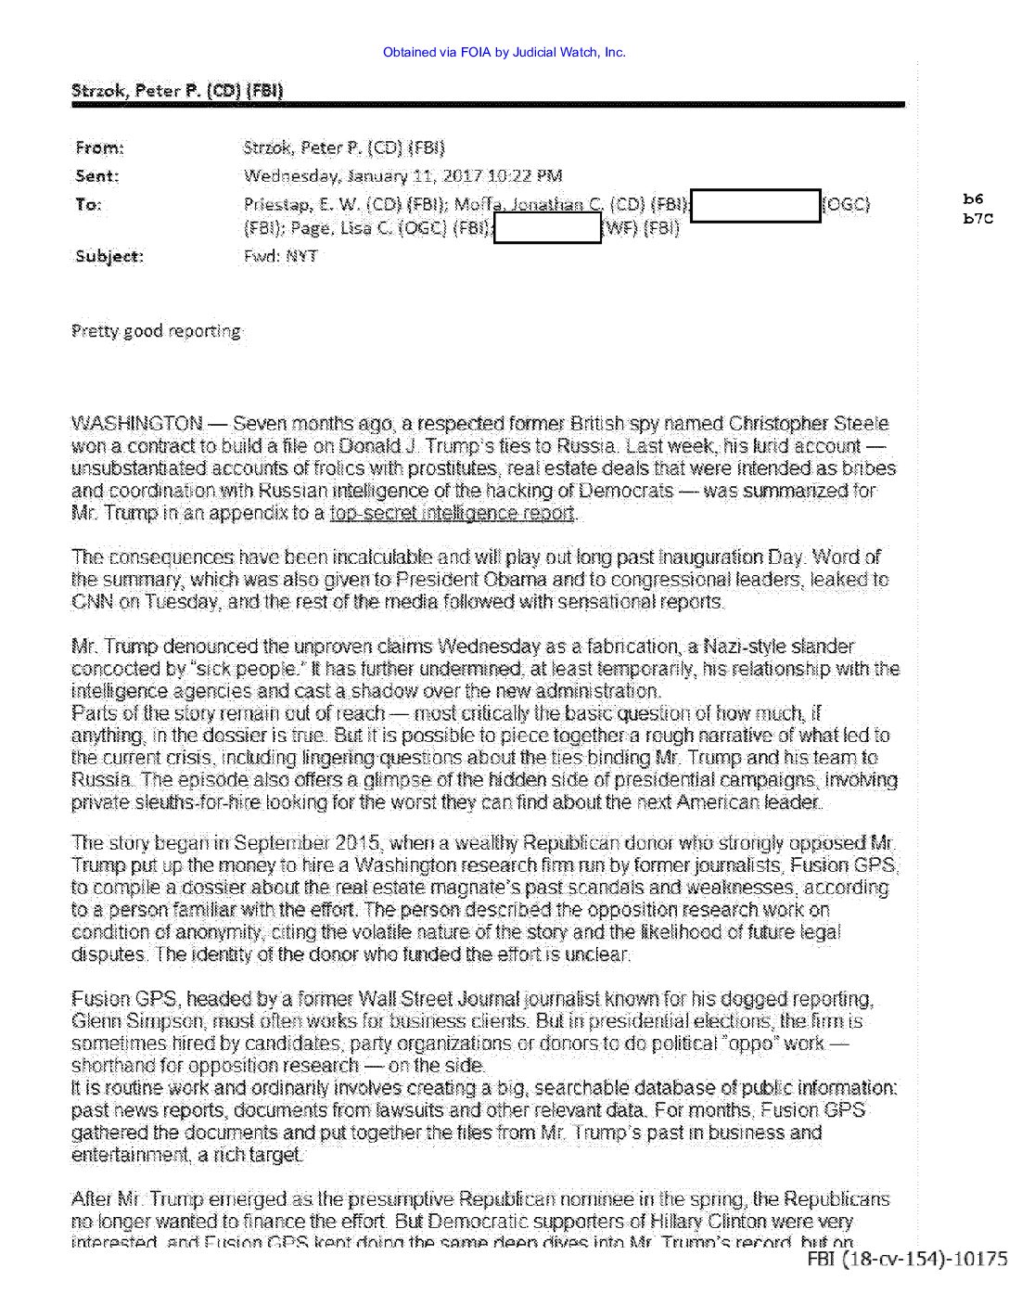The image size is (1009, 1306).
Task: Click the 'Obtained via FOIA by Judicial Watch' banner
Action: pyautogui.click(x=504, y=52)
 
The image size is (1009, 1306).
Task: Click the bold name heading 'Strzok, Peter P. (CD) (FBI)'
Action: pyautogui.click(x=177, y=90)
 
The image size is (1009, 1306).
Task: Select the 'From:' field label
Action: pyautogui.click(x=98, y=147)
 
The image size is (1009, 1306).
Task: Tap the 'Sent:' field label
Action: pyautogui.click(x=96, y=176)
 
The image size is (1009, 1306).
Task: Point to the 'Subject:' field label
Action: pyautogui.click(x=109, y=256)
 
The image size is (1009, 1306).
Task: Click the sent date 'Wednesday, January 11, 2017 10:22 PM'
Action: pyautogui.click(x=402, y=176)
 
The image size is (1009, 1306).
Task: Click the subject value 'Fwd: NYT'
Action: pyautogui.click(x=280, y=256)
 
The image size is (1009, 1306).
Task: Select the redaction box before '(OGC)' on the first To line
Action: pyautogui.click(x=756, y=205)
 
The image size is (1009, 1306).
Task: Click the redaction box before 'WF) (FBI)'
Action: pyautogui.click(x=548, y=228)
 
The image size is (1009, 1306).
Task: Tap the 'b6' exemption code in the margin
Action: pyautogui.click(x=972, y=198)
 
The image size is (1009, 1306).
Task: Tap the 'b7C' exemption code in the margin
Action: pyautogui.click(x=977, y=219)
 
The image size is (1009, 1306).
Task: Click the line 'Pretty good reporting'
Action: pyautogui.click(x=157, y=331)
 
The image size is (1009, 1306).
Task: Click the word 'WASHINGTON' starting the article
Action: pyautogui.click(x=137, y=424)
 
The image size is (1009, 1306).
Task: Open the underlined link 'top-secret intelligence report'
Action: pyautogui.click(x=453, y=513)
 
